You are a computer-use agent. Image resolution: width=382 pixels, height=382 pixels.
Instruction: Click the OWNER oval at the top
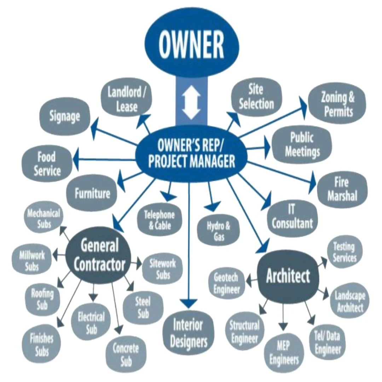click(x=191, y=44)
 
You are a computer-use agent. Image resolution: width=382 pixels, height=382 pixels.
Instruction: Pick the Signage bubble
click(x=65, y=116)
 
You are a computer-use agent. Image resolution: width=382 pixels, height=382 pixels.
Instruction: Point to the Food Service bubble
click(x=47, y=163)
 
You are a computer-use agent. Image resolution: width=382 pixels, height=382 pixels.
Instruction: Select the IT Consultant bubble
click(x=292, y=216)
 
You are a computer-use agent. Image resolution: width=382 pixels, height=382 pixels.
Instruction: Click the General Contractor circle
click(x=99, y=255)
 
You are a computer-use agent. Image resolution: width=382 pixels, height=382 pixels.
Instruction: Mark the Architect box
click(x=287, y=276)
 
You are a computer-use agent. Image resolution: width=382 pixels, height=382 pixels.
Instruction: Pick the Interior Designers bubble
click(x=188, y=332)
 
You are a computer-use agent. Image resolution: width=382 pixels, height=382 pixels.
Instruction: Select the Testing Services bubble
click(x=343, y=251)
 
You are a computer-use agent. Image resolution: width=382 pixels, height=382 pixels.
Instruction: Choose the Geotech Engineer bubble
click(x=226, y=283)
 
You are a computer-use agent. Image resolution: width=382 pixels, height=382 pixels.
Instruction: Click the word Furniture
click(x=92, y=193)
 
